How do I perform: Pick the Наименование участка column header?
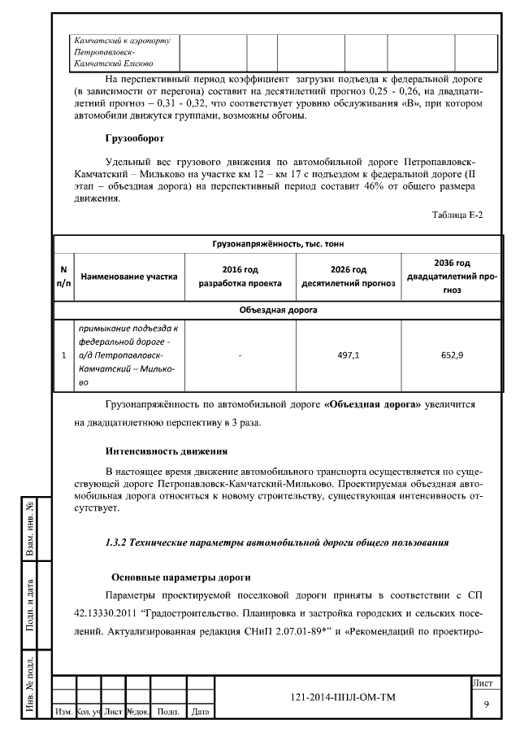click(128, 277)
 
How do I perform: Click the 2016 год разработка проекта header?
click(240, 277)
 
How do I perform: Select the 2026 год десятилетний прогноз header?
click(349, 277)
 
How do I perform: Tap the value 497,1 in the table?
click(349, 355)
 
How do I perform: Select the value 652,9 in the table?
click(452, 355)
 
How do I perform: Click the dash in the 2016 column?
click(240, 355)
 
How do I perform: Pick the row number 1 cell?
click(63, 355)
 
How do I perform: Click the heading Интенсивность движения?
click(166, 451)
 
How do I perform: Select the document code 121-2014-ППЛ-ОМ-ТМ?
click(342, 698)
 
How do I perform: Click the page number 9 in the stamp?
click(485, 703)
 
